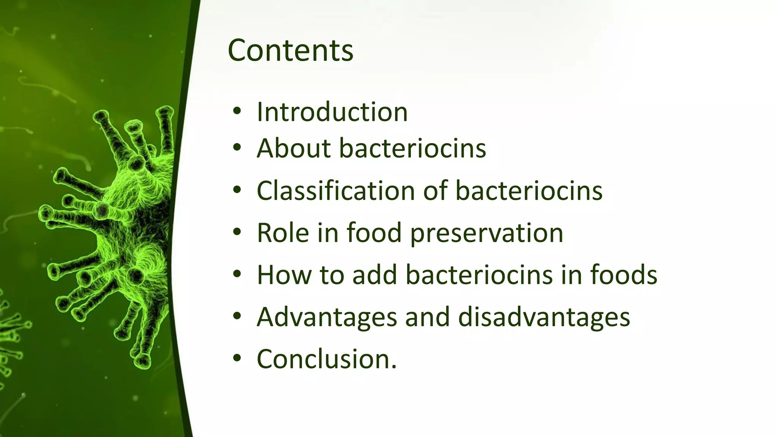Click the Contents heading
pyautogui.click(x=290, y=50)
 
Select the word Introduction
pyautogui.click(x=332, y=112)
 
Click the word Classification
pyautogui.click(x=335, y=190)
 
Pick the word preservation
pyautogui.click(x=487, y=233)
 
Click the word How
pyautogui.click(x=284, y=275)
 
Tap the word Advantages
pyautogui.click(x=327, y=317)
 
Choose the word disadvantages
pyautogui.click(x=544, y=317)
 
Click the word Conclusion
pyautogui.click(x=326, y=359)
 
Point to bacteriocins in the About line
pyautogui.click(x=412, y=148)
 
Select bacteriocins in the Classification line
pyautogui.click(x=529, y=190)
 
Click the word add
pyautogui.click(x=374, y=275)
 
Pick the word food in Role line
pyautogui.click(x=374, y=233)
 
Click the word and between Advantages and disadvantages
pyautogui.click(x=427, y=317)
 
